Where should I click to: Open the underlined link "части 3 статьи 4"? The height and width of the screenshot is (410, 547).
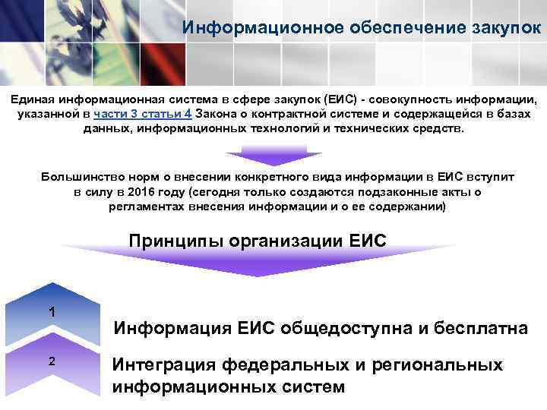click(x=143, y=115)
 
